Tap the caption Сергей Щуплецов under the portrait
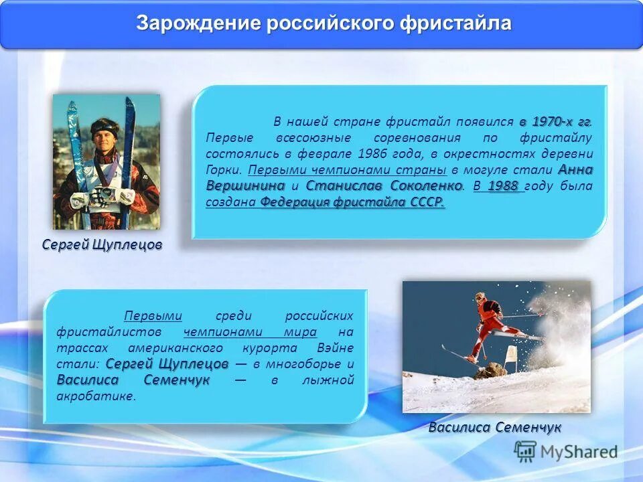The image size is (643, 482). [102, 245]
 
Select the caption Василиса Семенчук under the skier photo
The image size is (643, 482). [495, 428]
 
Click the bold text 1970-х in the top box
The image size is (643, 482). [554, 122]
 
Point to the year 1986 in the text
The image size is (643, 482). [354, 153]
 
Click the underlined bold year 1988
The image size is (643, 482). [502, 186]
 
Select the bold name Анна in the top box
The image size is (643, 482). [575, 169]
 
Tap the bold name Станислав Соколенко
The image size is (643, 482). [384, 185]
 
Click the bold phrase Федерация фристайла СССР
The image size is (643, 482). [352, 202]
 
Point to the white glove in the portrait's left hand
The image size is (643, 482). [125, 196]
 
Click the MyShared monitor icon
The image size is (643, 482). [526, 452]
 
